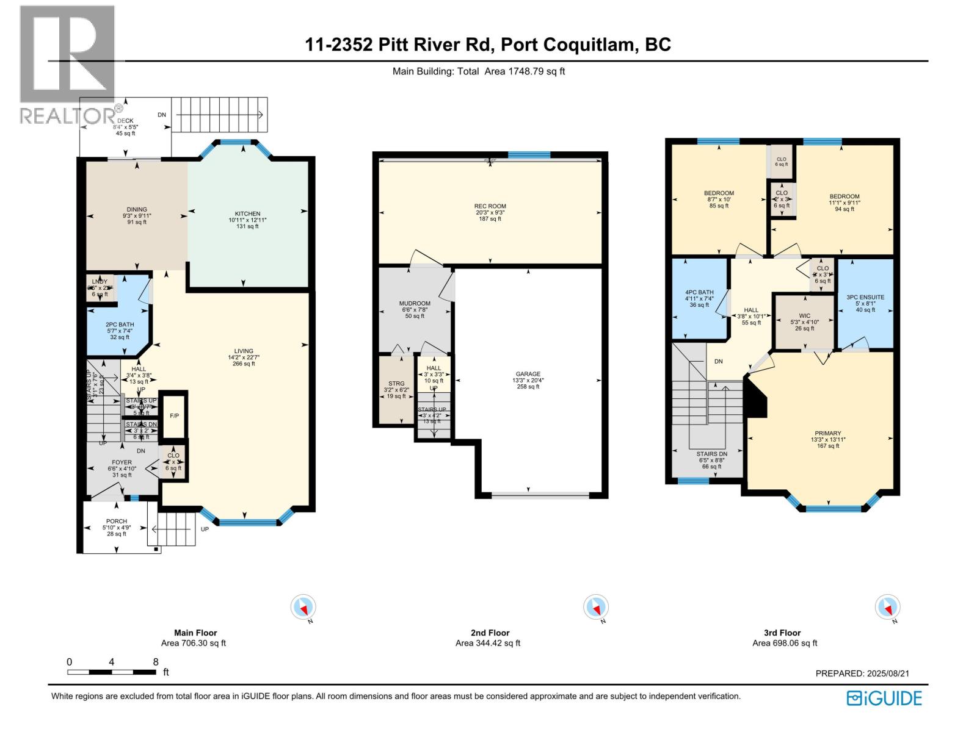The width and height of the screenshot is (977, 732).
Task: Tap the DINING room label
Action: coord(137,210)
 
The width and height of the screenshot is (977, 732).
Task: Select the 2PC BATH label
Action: coord(120,325)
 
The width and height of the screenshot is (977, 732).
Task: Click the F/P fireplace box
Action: coord(174,416)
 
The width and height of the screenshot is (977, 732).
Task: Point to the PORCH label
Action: coord(117,522)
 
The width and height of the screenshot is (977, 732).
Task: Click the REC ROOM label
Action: coord(490,206)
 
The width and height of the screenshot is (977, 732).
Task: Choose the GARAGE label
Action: coord(528,374)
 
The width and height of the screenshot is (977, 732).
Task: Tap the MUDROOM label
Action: coord(415,303)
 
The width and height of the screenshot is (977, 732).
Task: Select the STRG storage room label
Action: coord(396,384)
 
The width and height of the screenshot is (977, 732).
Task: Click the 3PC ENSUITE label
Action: coord(865,297)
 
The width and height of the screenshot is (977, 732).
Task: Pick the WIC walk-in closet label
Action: coord(804,316)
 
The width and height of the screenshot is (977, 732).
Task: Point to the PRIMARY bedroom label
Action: coord(827,433)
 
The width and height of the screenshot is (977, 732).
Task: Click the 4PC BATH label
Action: coord(699,292)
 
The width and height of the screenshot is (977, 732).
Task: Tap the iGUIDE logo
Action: coord(884,698)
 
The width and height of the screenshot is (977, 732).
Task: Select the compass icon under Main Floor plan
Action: coord(303,608)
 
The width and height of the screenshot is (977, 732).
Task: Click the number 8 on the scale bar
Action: coord(156,662)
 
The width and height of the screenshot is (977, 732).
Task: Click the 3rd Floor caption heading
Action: coord(782,633)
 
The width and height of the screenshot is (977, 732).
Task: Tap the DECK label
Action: coord(125,121)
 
